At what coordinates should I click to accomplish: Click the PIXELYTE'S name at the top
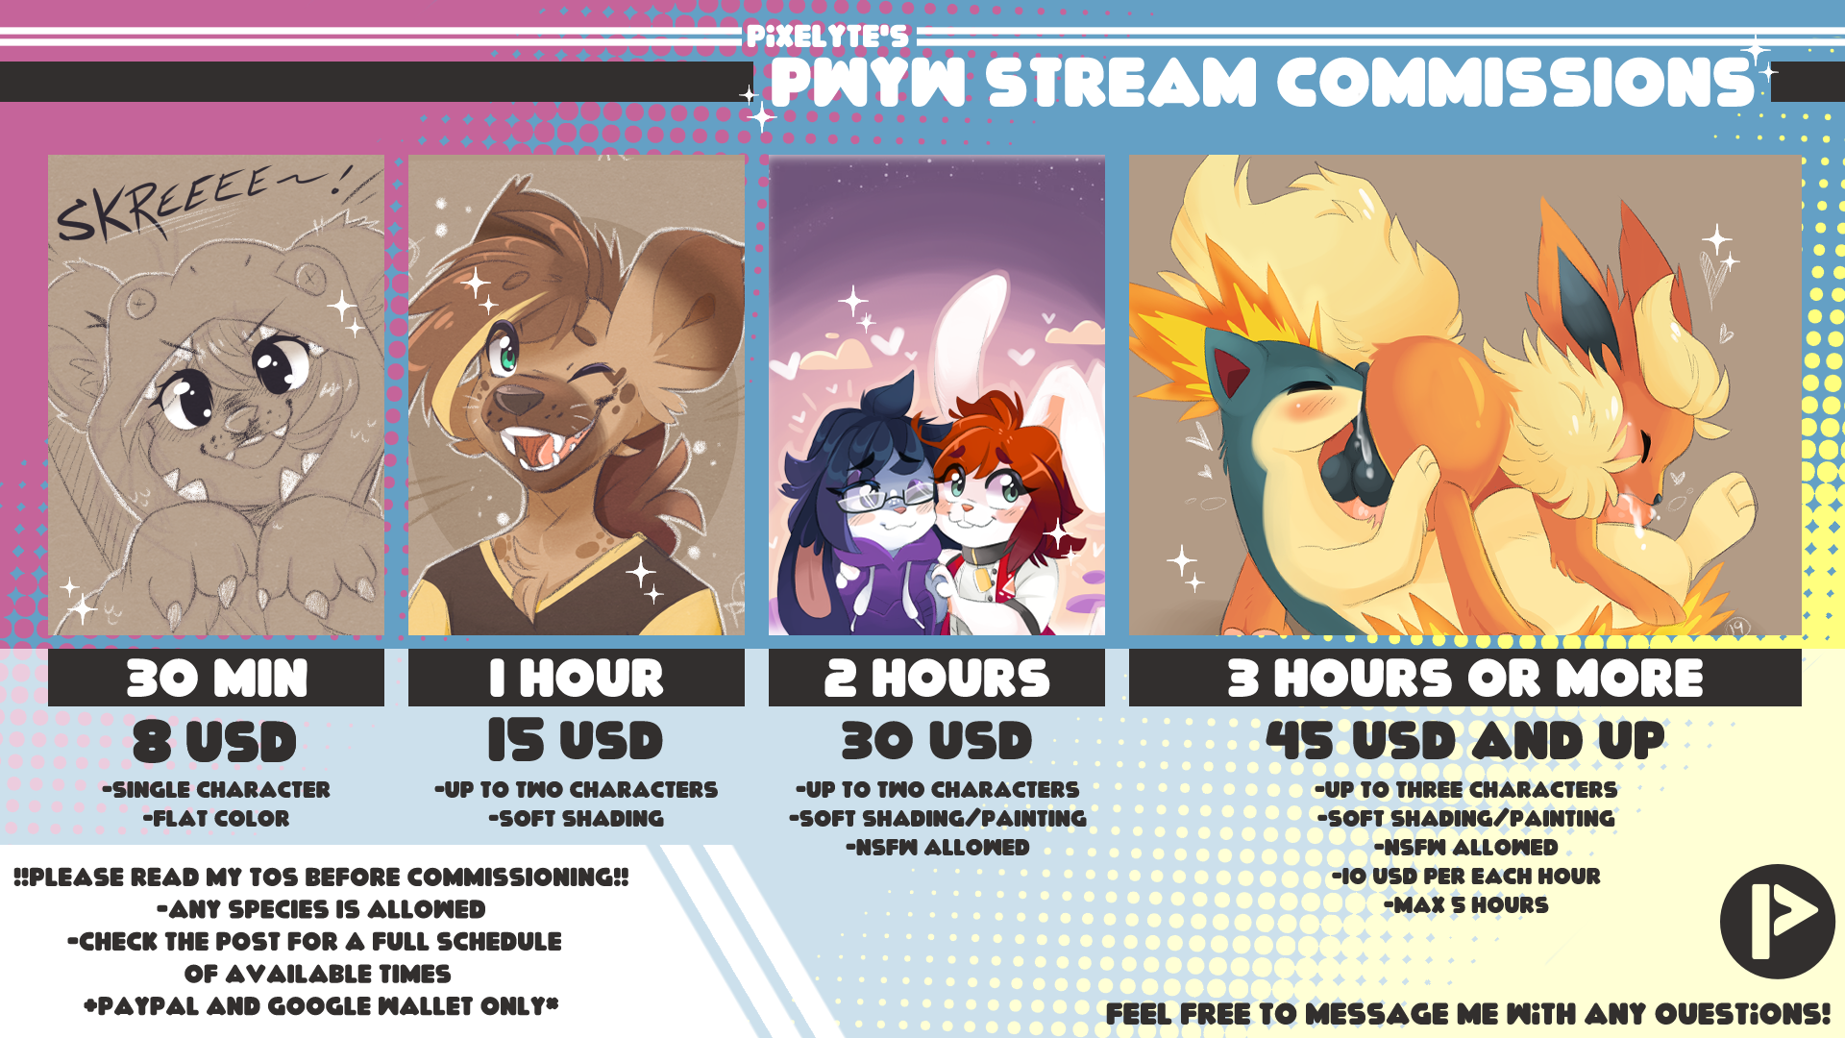point(826,37)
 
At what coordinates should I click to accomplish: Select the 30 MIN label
point(217,678)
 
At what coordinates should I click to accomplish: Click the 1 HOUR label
point(577,678)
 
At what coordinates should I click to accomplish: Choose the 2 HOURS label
point(937,678)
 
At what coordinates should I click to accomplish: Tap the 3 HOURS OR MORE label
point(1465,678)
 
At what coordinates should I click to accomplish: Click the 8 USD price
point(215,742)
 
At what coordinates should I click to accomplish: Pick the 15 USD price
point(576,740)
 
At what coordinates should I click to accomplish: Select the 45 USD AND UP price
point(1465,740)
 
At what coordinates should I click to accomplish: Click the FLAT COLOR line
point(216,819)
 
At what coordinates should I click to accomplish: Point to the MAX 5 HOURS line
point(1466,905)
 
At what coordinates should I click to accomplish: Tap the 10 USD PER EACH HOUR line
point(1466,877)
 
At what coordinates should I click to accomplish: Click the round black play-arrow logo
point(1777,922)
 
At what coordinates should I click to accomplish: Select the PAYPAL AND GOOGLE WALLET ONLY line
point(321,1006)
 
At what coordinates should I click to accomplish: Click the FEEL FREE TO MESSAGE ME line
point(1468,1014)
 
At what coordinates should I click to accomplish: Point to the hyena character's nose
point(519,399)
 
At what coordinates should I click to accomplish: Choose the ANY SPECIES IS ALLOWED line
point(321,909)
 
